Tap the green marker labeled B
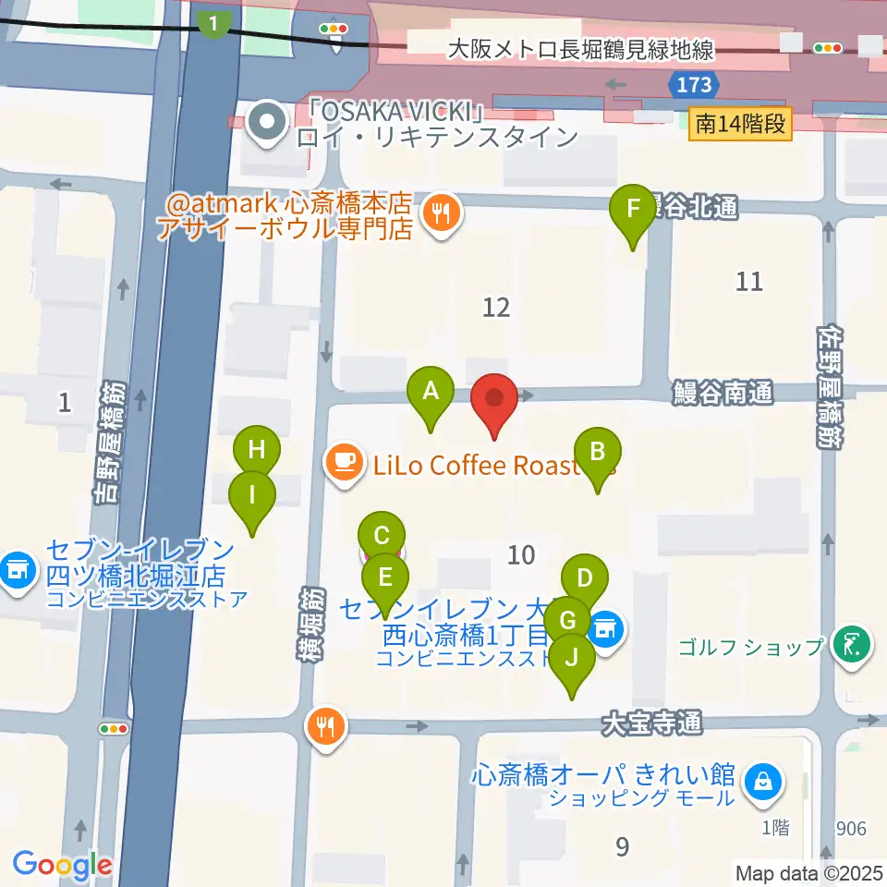[x=597, y=453]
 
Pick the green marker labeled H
[x=256, y=451]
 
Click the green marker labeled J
[x=573, y=659]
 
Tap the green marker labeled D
[x=584, y=580]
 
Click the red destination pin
[x=494, y=399]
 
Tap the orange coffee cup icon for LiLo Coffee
[x=346, y=462]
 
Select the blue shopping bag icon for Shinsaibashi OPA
[x=766, y=783]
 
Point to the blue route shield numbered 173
[x=693, y=85]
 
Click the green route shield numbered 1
[x=213, y=23]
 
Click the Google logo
[x=62, y=866]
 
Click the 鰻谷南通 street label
[x=723, y=395]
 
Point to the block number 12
[x=496, y=307]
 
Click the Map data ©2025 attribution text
[x=808, y=871]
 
